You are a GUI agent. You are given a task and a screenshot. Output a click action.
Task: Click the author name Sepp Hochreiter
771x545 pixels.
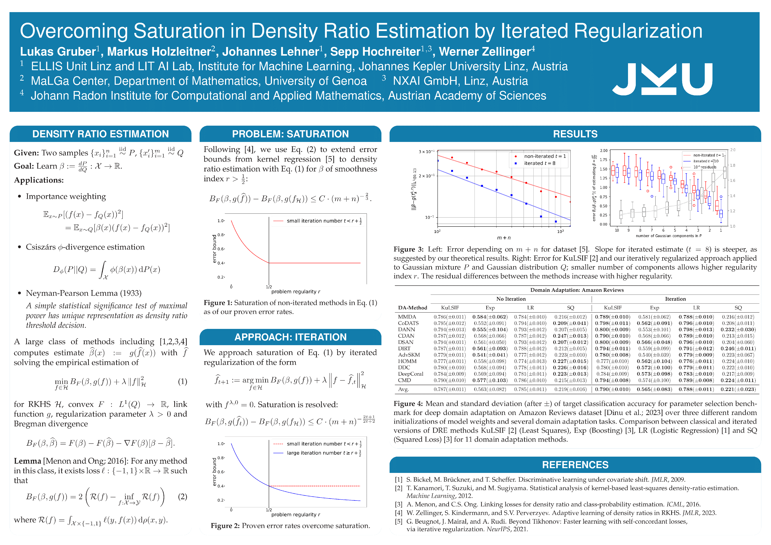(x=375, y=52)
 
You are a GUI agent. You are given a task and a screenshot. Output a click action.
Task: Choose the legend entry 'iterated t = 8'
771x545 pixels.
(x=540, y=163)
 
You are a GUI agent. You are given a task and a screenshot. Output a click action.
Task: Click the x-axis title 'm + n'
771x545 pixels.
(x=504, y=238)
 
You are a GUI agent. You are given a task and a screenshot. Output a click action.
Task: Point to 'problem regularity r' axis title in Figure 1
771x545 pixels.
(x=295, y=292)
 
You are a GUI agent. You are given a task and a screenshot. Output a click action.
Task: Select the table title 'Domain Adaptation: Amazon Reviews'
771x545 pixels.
(x=577, y=290)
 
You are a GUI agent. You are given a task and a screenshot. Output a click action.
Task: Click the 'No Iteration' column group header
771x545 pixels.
(x=511, y=299)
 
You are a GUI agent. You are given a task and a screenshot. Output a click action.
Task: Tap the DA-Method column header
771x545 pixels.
(x=412, y=308)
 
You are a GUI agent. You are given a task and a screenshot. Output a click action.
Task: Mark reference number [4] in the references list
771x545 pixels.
(x=399, y=513)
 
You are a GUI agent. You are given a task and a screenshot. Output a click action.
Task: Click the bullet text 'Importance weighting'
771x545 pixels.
(x=66, y=196)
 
